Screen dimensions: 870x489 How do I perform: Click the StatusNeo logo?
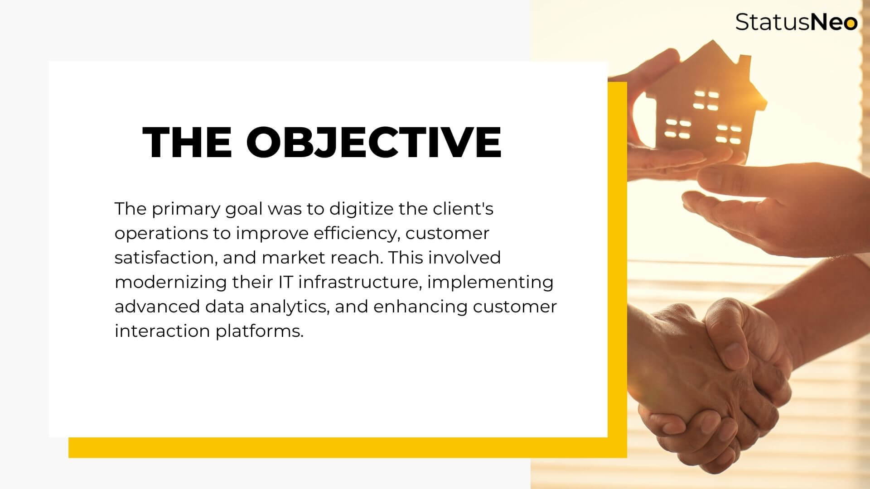pos(796,22)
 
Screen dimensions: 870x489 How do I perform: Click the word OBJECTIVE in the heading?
pos(374,141)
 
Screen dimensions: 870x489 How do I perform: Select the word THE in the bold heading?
pos(187,141)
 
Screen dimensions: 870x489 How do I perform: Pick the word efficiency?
pos(356,234)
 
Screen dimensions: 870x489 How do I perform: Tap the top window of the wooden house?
pos(706,101)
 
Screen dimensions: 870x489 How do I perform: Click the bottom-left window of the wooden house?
pos(678,129)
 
